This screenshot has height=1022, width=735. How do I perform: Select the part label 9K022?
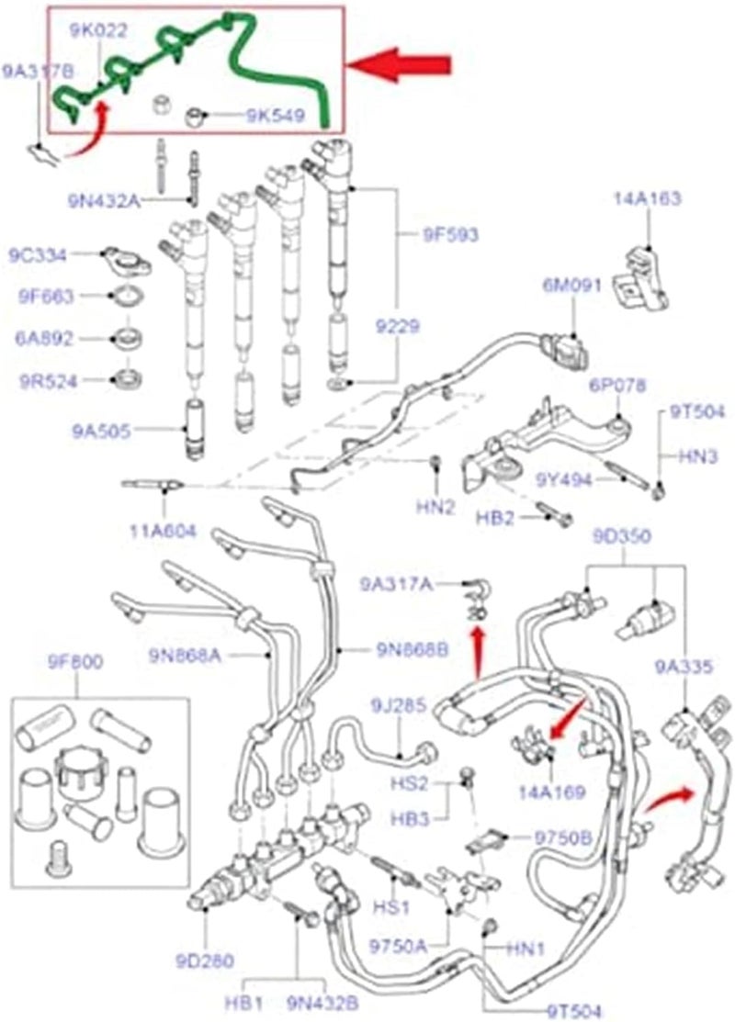pos(98,31)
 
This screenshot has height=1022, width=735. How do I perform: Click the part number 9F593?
pos(450,235)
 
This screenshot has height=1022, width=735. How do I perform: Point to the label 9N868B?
pos(411,651)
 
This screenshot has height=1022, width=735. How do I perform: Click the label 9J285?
pos(399,706)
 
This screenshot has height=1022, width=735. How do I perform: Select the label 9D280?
pos(205,960)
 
